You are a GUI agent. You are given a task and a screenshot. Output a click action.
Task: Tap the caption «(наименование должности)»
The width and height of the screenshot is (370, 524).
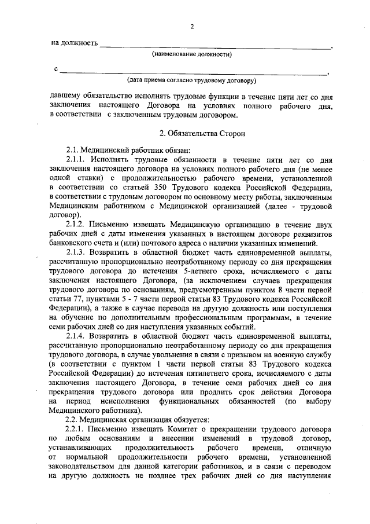pos(192,54)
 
